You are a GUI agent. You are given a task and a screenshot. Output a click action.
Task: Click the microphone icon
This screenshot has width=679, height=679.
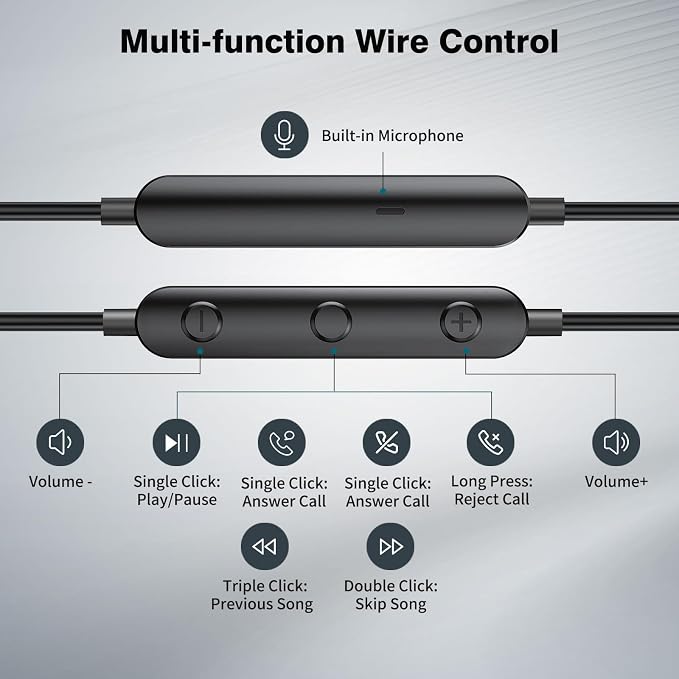point(285,135)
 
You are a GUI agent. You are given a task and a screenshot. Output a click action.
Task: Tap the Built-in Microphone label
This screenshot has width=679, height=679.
point(392,136)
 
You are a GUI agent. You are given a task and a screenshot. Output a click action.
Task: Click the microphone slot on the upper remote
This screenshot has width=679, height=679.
point(390,211)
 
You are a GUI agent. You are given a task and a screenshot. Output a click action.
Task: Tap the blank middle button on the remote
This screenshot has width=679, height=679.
point(331,322)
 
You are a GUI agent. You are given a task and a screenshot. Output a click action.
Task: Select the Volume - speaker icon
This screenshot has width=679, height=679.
point(60,442)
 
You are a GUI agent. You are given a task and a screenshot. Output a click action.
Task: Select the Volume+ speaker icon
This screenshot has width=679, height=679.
point(616,442)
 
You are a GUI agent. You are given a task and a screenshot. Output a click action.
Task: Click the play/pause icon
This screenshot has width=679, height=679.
point(177,442)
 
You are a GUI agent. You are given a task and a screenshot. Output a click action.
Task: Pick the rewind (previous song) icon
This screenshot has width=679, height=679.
point(265,546)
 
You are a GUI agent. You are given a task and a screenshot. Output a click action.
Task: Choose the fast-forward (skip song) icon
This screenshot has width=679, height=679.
point(390,546)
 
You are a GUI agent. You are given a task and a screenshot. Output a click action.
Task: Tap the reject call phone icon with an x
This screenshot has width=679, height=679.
point(491,442)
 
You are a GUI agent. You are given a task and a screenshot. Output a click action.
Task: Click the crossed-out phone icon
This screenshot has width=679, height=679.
point(387,442)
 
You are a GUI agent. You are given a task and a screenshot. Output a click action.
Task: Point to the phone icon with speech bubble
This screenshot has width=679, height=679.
point(282,442)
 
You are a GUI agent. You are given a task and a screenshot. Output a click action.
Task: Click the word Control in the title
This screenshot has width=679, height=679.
point(499,41)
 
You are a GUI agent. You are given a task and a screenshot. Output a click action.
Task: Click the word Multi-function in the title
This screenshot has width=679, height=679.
point(233,41)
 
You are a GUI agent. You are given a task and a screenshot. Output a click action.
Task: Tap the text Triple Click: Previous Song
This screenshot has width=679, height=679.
point(262,595)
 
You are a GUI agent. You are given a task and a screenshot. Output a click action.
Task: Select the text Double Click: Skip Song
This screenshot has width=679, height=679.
point(391,595)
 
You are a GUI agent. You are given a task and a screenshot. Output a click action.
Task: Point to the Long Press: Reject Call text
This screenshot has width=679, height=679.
point(492,490)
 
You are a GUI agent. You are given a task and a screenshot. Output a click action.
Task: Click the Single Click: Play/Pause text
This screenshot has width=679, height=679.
point(177,491)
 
